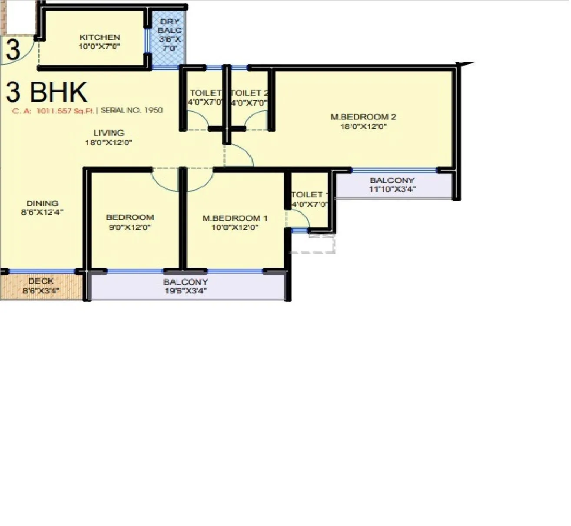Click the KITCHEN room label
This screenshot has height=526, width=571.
(100, 37)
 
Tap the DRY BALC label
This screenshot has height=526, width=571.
(169, 26)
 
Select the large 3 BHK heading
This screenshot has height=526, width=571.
(46, 92)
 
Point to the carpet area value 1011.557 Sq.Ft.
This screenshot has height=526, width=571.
(65, 111)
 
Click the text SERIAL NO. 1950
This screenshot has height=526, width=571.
(132, 110)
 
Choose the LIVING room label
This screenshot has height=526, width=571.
(109, 133)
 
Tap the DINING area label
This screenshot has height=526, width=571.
(43, 203)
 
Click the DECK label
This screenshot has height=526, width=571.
(41, 282)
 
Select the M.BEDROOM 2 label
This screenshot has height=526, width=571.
(363, 117)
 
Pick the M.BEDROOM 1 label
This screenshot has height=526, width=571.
(235, 218)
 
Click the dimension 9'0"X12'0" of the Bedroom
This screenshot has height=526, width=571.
(130, 227)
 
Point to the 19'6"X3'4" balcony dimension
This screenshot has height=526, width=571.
(186, 290)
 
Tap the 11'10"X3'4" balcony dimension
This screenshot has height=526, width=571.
(392, 189)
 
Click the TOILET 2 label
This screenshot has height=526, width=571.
(249, 93)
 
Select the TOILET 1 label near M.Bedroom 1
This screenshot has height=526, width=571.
(307, 195)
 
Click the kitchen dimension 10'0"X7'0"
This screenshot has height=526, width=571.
(100, 47)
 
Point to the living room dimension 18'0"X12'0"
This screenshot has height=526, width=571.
(109, 142)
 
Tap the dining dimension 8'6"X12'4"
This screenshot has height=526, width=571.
(43, 212)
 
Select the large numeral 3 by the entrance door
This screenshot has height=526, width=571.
(13, 50)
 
